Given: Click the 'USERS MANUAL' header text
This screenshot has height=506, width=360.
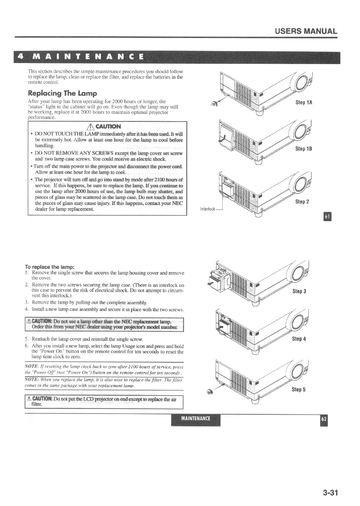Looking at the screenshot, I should pos(306,31).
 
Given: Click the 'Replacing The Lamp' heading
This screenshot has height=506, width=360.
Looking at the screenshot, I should pos(62,94).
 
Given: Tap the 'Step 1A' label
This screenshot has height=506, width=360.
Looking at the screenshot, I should pos(304,102).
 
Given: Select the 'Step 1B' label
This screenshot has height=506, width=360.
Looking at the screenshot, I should pos(304,149).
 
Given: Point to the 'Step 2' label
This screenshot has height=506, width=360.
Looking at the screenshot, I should pos(302,202).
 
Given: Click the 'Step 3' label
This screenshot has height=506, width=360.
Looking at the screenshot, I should pos(299,291).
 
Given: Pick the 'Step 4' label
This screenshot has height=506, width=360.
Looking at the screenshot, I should pos(299,339).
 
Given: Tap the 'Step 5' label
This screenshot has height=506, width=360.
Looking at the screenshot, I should pos(298,389).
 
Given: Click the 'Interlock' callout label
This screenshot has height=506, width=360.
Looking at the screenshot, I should pos(207,209).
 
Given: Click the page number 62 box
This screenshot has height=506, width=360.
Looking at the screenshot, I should pos(324,419).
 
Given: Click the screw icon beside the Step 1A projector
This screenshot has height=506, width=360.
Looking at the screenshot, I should pos(214,104).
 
